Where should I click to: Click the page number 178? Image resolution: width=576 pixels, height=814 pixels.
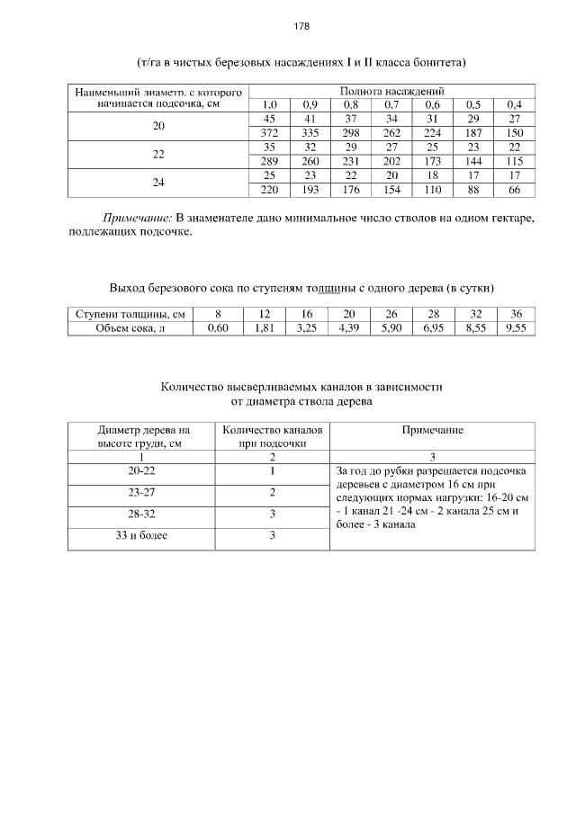coord(301,27)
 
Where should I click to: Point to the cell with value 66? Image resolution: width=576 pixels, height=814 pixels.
coord(515,191)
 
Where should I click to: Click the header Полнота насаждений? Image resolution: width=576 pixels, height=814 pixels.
coord(391,92)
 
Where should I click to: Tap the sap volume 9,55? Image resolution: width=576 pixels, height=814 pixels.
coord(516,328)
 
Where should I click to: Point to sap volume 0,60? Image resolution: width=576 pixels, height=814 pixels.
coord(219,328)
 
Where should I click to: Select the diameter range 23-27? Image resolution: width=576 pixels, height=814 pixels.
coord(145,492)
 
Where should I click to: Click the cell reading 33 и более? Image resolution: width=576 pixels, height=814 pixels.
coord(145,535)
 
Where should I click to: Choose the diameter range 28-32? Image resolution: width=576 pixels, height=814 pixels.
coord(145,514)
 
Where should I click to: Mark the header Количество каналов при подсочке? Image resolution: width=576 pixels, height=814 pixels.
coord(272,437)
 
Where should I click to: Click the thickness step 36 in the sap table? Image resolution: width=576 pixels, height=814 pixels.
coord(516,314)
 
